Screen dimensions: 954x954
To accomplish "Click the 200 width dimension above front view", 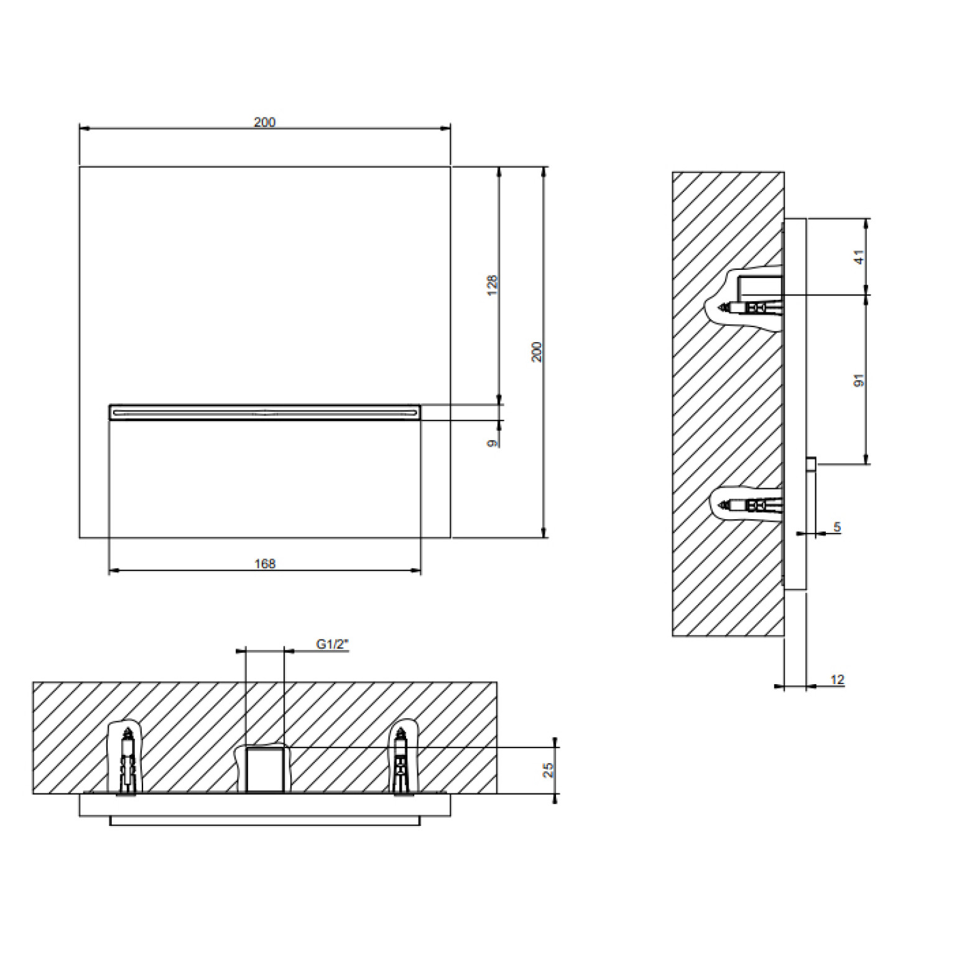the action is pyautogui.click(x=264, y=122).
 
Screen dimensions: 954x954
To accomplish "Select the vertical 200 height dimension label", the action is pyautogui.click(x=537, y=352).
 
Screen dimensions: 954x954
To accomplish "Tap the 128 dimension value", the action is pyautogui.click(x=493, y=285).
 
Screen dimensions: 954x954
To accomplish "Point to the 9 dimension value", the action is pyautogui.click(x=493, y=443).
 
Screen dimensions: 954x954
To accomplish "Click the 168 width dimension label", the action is pyautogui.click(x=265, y=563).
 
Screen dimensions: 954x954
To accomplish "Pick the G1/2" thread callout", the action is pyautogui.click(x=332, y=644).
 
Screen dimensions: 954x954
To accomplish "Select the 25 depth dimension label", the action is pyautogui.click(x=549, y=770).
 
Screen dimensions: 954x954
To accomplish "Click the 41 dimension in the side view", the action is pyautogui.click(x=859, y=257).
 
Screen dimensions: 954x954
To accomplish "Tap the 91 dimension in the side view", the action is pyautogui.click(x=859, y=380).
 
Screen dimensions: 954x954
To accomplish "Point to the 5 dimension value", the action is pyautogui.click(x=837, y=527).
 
